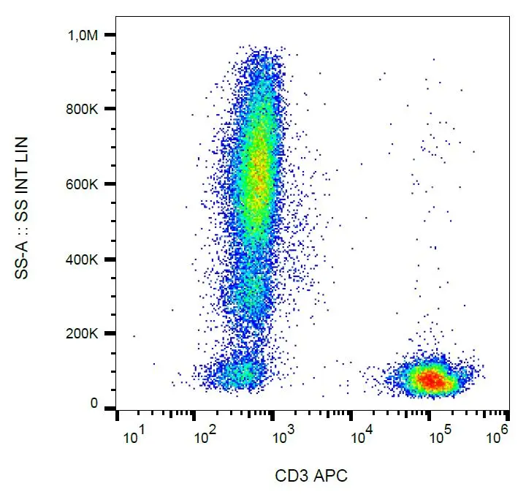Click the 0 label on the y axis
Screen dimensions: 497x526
click(x=93, y=403)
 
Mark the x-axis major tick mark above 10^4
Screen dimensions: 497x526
click(x=351, y=414)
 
